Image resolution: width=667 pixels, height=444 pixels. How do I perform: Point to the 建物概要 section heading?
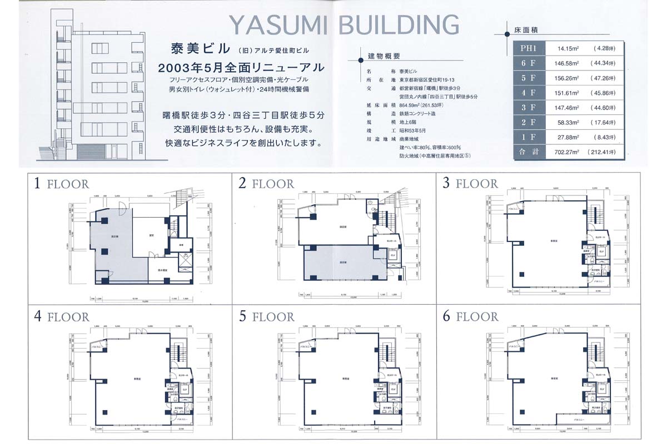click(x=384, y=56)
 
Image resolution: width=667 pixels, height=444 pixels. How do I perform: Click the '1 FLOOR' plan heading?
click(x=61, y=184)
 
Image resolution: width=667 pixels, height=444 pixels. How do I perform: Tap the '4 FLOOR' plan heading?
click(x=61, y=317)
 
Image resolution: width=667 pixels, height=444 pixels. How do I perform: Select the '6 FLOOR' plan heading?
click(x=470, y=317)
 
